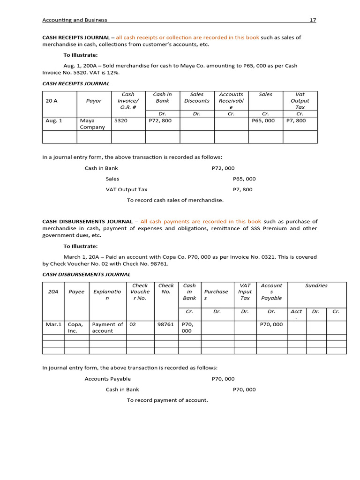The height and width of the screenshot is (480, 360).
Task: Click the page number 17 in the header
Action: pyautogui.click(x=313, y=20)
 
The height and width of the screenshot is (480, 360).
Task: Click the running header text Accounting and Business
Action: pyautogui.click(x=75, y=20)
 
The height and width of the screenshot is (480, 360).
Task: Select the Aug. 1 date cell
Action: pyautogui.click(x=54, y=120)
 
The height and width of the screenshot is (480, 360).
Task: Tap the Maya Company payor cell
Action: pyautogui.click(x=92, y=124)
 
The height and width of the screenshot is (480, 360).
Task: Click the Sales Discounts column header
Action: pyautogui.click(x=197, y=97)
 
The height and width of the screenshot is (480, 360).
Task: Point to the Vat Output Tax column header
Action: pyautogui.click(x=300, y=101)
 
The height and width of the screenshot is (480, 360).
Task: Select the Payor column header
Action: pyautogui.click(x=94, y=101)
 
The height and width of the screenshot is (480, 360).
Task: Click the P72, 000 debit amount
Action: pyautogui.click(x=223, y=168)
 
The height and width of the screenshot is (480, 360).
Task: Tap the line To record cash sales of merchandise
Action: pyautogui.click(x=175, y=200)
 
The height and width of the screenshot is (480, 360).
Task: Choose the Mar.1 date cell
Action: pyautogui.click(x=53, y=324)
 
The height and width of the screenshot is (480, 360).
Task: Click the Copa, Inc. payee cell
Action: pyautogui.click(x=75, y=327)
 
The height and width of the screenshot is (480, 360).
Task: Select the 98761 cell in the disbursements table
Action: pyautogui.click(x=166, y=324)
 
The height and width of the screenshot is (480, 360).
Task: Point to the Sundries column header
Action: pyautogui.click(x=316, y=285)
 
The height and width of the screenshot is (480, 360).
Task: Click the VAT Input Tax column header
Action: pyautogui.click(x=245, y=292)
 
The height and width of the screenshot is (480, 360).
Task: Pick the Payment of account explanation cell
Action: pyautogui.click(x=107, y=327)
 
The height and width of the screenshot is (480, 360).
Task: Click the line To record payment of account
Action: pyautogui.click(x=167, y=400)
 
